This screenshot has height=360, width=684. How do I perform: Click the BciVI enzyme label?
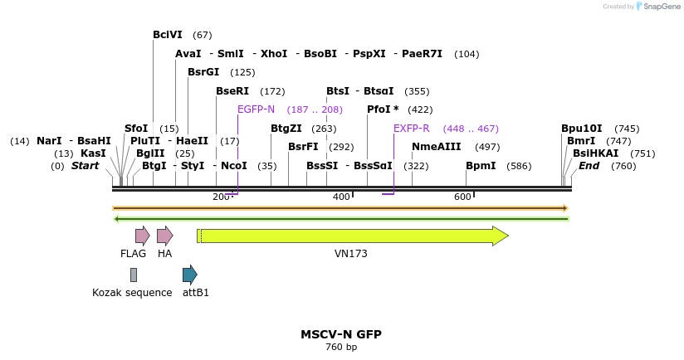[x=167, y=35]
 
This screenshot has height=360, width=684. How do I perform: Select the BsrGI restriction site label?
[x=203, y=72]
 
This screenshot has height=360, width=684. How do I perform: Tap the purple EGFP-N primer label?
[x=256, y=109]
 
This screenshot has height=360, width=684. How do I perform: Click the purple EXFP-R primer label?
[x=412, y=129]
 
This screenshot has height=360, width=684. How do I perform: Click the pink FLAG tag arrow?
[x=142, y=236]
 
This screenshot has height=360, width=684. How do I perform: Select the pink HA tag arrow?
[x=164, y=236]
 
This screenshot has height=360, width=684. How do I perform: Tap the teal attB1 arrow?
[x=189, y=275]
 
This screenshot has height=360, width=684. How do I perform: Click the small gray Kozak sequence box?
[x=133, y=275]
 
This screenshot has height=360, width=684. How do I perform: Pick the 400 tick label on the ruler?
[x=341, y=197]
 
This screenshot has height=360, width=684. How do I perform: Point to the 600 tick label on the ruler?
[x=462, y=197]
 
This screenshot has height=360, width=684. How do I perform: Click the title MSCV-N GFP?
[x=341, y=334]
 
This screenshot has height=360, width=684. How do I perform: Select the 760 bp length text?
[x=341, y=348]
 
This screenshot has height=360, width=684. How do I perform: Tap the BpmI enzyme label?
[x=481, y=166]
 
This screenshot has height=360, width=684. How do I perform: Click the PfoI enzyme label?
[x=383, y=109]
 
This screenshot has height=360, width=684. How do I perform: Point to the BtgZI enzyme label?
[x=286, y=129]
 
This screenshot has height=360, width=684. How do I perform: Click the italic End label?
[x=589, y=166]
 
